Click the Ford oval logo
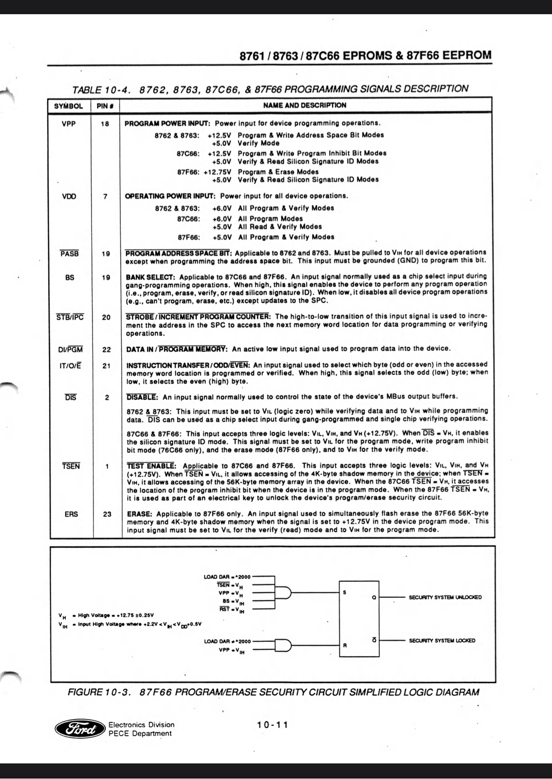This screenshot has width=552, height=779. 80,729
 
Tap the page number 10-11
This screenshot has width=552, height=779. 272,725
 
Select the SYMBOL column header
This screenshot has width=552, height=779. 68,106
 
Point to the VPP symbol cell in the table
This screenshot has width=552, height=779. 69,124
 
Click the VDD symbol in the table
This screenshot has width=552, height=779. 69,196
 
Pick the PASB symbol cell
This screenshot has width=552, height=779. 69,254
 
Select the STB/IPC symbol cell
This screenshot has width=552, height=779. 70,317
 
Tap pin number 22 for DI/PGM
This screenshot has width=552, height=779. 107,349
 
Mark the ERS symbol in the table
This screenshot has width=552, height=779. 71,514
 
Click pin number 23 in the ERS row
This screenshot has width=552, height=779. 107,514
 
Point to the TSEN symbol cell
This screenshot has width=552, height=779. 71,466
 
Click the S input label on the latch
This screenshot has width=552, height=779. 345,592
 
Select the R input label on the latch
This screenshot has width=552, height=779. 345,646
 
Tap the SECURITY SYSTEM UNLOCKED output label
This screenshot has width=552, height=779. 445,597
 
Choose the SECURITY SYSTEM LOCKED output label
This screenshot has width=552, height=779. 442,640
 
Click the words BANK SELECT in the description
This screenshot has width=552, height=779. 151,276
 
